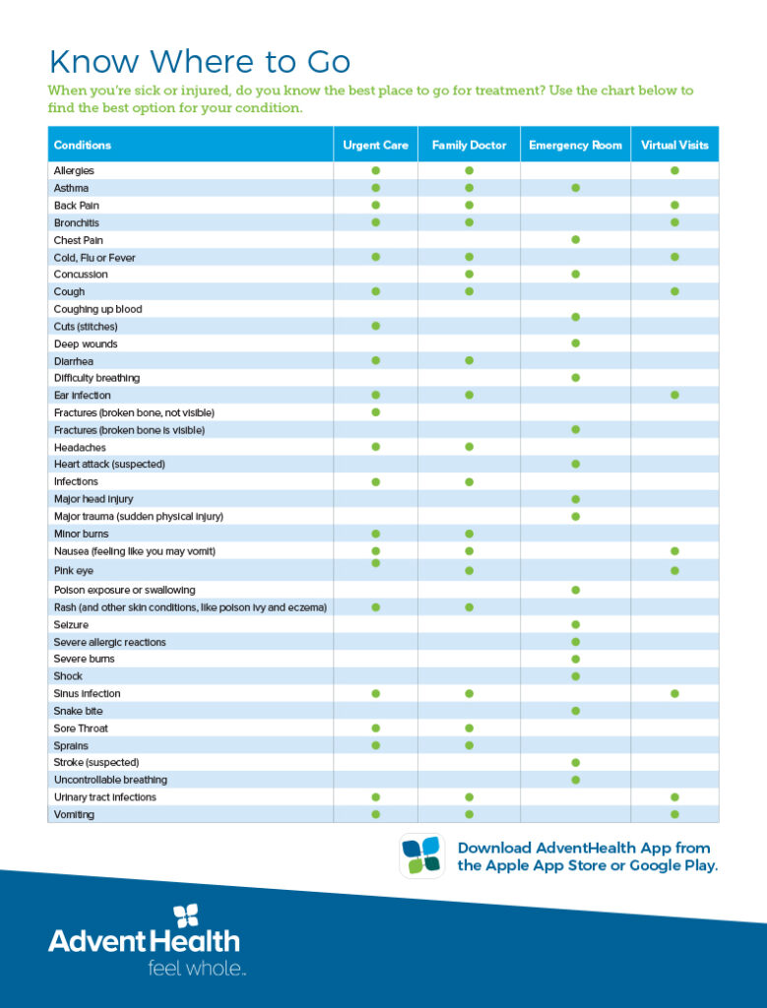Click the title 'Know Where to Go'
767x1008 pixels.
[x=199, y=62]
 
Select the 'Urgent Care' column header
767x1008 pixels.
[x=375, y=145]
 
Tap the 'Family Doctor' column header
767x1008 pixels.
[x=469, y=145]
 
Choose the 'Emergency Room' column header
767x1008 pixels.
[x=575, y=145]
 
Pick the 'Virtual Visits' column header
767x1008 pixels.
[x=674, y=145]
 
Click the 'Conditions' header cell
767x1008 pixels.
[x=83, y=145]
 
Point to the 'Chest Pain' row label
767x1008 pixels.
[x=79, y=240]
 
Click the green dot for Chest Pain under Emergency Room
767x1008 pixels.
[x=575, y=239]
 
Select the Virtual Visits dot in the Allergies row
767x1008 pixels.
[x=674, y=170]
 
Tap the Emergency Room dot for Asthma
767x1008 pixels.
[x=575, y=187]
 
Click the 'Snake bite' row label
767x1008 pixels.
[x=79, y=711]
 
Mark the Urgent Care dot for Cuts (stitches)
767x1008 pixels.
[x=375, y=325]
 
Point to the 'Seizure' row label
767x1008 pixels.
[x=71, y=625]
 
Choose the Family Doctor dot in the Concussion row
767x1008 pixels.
[x=469, y=274]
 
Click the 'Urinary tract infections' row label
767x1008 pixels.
[x=104, y=797]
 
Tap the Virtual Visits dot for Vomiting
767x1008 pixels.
[x=674, y=814]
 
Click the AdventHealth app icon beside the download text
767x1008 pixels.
[x=422, y=855]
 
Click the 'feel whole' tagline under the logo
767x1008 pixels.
[x=197, y=969]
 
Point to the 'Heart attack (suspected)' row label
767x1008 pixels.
[x=109, y=464]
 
